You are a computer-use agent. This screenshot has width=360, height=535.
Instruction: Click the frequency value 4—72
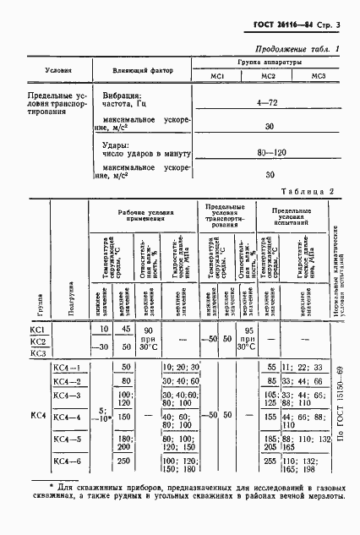coord(269,101)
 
